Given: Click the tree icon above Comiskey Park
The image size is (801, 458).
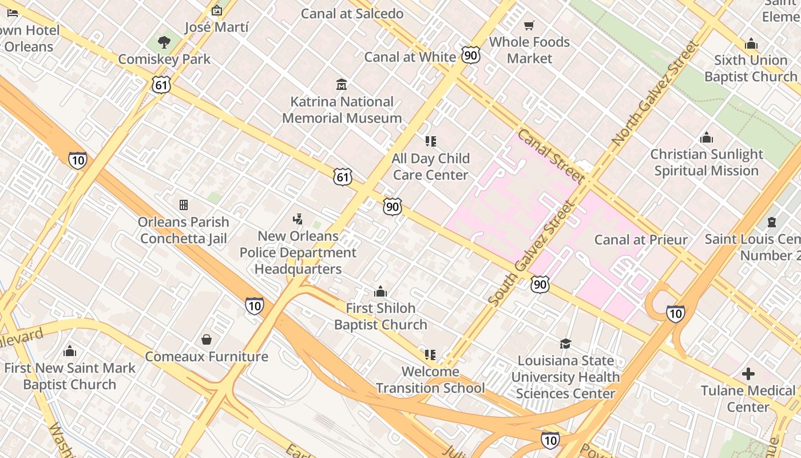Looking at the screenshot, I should [x=164, y=42].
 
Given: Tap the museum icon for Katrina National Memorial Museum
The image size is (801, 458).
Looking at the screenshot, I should [x=342, y=85].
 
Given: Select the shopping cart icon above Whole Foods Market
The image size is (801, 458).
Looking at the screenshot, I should [x=529, y=25].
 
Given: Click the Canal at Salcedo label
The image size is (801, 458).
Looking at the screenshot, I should [x=352, y=14].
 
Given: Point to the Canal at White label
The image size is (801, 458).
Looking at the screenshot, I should [x=410, y=57].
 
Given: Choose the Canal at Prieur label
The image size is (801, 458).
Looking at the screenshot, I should [x=641, y=239].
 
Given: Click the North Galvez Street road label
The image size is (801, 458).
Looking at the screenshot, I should [x=655, y=93].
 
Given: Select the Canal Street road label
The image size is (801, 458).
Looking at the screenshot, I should [x=550, y=156].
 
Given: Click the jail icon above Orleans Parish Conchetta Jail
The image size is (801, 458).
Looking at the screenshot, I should [x=184, y=205].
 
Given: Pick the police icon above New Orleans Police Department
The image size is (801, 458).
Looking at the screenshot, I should [x=298, y=219].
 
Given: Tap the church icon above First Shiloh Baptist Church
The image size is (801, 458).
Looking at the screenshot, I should [x=380, y=291].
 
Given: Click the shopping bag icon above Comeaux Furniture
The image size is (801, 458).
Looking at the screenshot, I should [x=207, y=339].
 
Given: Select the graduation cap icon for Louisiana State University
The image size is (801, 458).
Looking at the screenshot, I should [x=565, y=343].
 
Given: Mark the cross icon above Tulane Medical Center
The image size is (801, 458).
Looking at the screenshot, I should [x=748, y=374].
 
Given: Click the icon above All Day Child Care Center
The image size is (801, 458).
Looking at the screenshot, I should [x=430, y=141].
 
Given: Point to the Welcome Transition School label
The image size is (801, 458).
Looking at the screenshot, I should [x=430, y=380].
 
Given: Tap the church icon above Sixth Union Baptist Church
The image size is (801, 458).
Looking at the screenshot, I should [x=751, y=44].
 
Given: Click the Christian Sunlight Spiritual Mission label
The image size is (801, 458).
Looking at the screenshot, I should [x=707, y=163].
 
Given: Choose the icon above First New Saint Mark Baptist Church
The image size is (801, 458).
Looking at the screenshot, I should [x=70, y=351].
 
